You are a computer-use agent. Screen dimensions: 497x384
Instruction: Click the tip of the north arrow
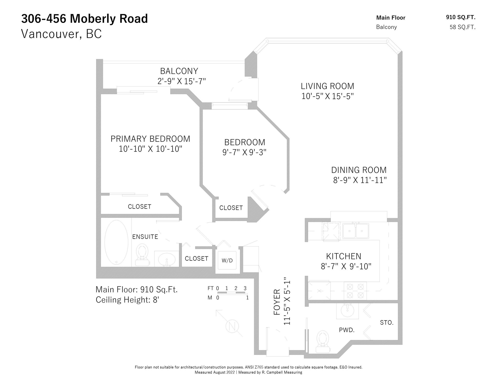(x=216, y=310)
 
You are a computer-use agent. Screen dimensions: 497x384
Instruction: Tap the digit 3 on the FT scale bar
(x=245, y=288)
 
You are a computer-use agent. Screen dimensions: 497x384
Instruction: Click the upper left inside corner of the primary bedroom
(x=101, y=94)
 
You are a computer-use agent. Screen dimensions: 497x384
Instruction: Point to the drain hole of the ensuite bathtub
(x=116, y=262)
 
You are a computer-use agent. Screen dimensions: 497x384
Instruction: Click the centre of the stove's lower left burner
(x=350, y=295)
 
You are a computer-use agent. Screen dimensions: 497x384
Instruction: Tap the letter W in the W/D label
(x=224, y=261)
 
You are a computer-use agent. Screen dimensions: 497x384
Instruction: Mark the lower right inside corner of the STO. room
(x=398, y=339)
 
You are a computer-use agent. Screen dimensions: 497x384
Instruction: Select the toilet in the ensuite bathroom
(x=142, y=255)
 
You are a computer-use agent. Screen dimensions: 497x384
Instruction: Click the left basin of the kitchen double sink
(x=349, y=231)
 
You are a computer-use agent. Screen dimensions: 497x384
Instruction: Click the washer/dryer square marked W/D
(x=227, y=261)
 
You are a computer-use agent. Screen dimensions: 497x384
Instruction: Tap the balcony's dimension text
(x=181, y=82)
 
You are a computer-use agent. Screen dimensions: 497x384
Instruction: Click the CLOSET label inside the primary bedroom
(x=140, y=206)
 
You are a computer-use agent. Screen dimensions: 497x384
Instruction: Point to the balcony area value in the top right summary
(x=463, y=27)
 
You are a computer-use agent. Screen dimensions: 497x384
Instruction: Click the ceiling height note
(x=127, y=300)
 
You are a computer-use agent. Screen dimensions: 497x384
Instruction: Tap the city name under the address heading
(x=61, y=34)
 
